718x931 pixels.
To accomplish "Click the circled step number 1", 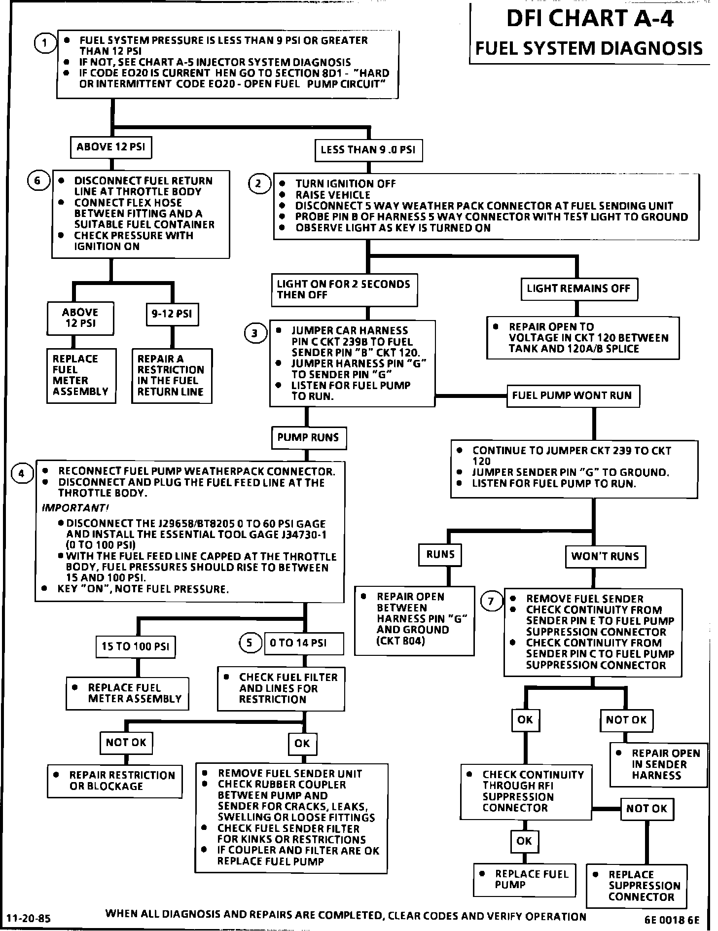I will point(44,43).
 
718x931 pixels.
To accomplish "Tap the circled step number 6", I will point(37,181).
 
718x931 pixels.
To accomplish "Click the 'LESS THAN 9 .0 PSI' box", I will point(368,150).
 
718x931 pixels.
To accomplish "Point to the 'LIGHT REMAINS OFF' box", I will point(578,288).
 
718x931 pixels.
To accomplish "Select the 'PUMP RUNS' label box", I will point(308,437).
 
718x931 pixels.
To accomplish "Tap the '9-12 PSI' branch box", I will point(172,314).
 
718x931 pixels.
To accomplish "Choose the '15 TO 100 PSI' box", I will point(136,646).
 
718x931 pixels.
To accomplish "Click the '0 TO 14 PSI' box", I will point(304,643).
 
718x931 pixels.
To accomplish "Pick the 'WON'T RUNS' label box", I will point(605,557).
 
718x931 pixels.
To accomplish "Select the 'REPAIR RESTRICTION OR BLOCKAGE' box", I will point(114,781).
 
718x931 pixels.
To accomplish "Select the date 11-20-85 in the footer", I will point(29,918).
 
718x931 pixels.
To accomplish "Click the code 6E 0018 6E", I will point(672,920).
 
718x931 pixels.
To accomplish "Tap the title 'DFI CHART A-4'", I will point(590,19).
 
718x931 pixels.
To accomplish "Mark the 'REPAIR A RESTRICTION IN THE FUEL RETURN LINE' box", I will point(172,376).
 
